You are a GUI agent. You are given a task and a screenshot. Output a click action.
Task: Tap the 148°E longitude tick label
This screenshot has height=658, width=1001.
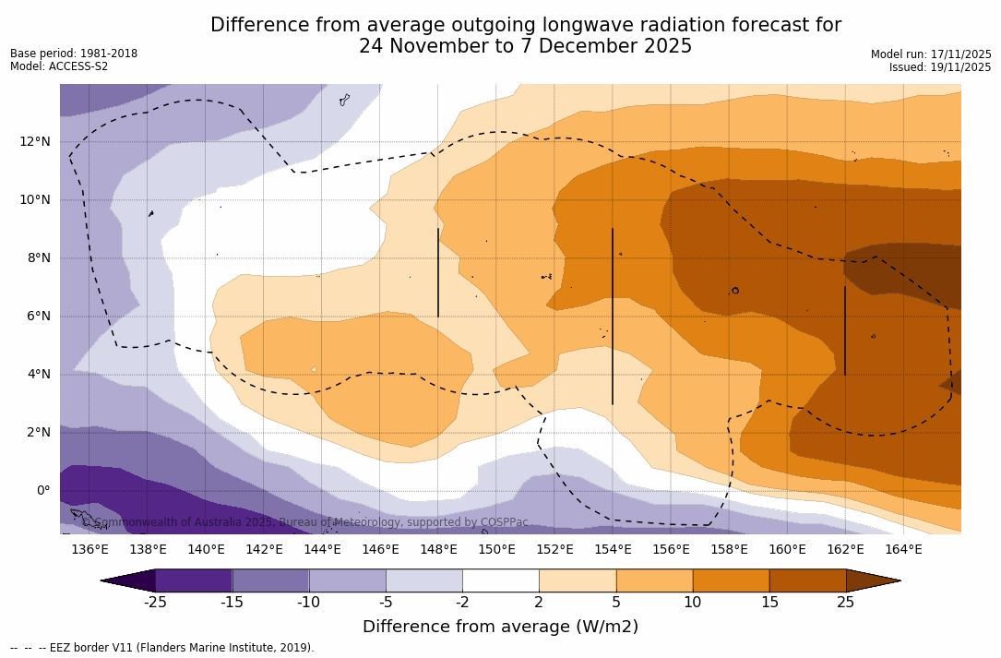point(438,549)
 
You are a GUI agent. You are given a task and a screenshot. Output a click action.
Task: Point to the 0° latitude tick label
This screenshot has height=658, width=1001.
point(43,490)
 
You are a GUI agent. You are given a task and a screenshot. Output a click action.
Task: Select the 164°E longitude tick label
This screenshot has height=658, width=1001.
point(903,549)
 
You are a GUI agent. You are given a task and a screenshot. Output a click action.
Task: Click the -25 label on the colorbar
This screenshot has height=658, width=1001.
point(155,603)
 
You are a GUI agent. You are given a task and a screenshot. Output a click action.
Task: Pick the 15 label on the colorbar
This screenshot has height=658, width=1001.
point(769,603)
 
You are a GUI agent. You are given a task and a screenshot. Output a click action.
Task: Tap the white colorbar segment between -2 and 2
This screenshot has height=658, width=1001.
point(500,580)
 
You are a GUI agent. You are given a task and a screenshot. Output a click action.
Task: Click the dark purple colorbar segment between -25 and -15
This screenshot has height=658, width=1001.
point(194,580)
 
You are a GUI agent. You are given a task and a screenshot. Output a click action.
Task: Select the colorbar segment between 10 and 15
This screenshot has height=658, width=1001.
point(731,580)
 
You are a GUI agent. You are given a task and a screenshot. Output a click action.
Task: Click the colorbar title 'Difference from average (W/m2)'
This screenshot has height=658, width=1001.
point(500,627)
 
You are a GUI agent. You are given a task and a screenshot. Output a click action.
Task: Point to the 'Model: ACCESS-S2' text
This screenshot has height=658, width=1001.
point(59,66)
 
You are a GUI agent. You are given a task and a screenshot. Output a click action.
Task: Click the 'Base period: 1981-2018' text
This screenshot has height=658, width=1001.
point(74,54)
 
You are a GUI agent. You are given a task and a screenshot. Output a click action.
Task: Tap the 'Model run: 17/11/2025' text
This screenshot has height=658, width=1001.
point(931,54)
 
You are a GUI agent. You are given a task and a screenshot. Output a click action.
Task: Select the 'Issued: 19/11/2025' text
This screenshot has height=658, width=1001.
point(940,67)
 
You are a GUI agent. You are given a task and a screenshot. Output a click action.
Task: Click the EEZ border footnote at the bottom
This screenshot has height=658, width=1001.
point(162,648)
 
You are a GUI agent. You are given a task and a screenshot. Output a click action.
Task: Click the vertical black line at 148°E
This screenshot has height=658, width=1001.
point(438,272)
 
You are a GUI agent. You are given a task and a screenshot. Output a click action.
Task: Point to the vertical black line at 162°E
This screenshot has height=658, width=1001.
point(845,330)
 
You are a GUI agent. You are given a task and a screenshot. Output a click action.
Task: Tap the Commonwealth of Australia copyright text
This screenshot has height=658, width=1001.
point(304,522)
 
